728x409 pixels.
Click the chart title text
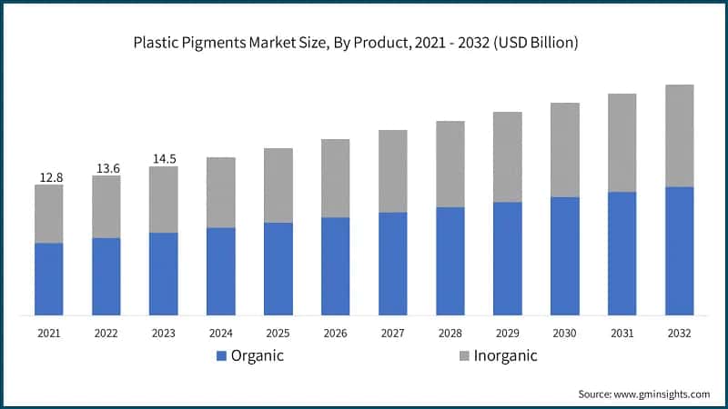pos(364,43)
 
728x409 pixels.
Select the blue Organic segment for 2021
pos(49,279)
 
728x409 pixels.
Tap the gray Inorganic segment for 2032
pos(679,136)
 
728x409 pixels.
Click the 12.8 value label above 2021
pos(50,177)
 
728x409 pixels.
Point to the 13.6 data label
pos(106,168)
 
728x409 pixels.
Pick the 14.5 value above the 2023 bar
pos(164,159)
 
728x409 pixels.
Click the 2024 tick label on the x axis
pos(221,334)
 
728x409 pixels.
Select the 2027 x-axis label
pos(393,334)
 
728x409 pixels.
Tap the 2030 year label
pos(564,334)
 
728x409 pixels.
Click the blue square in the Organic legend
pos(221,356)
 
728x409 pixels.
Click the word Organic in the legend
pos(257,355)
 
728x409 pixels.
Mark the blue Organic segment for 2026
pos(336,266)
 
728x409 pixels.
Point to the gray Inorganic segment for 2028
pos(450,164)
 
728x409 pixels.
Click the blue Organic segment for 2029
pos(507,259)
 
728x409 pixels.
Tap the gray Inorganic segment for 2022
pos(106,206)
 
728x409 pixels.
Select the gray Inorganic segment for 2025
pos(278,185)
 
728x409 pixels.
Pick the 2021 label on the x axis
pos(49,334)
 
